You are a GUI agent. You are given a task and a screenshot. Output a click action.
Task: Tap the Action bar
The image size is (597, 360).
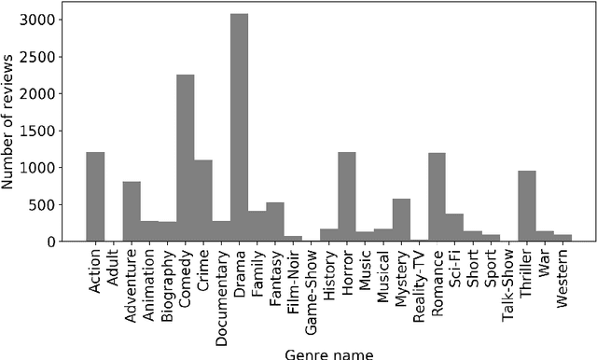[95, 197]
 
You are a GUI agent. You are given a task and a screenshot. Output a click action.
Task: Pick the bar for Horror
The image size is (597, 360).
[347, 197]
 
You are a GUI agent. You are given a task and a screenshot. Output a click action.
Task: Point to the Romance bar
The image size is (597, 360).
[437, 197]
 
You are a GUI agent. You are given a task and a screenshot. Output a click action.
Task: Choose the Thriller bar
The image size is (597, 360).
[527, 206]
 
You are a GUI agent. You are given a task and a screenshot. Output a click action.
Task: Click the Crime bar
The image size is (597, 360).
[203, 201]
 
